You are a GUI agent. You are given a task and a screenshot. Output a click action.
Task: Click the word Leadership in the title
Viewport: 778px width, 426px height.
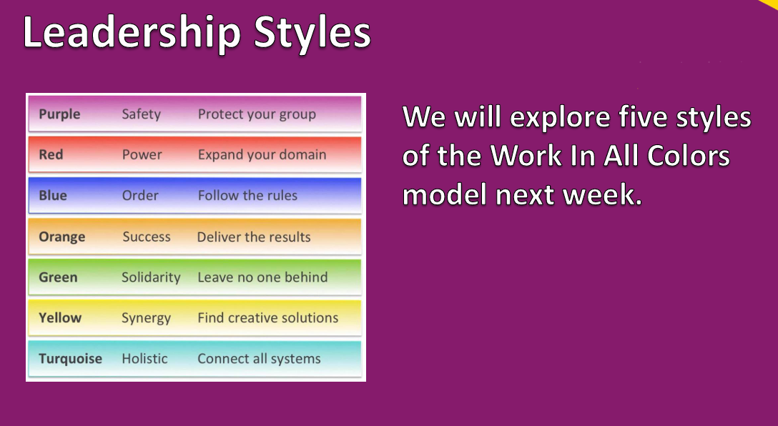pos(132,32)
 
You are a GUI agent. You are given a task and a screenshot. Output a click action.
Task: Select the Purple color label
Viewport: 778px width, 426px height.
pos(59,114)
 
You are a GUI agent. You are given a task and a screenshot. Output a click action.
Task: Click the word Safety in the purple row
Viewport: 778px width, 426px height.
pos(142,114)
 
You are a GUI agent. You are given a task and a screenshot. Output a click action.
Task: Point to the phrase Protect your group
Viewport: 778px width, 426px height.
pos(257,114)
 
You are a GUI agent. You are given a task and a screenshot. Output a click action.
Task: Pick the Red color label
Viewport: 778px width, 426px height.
pos(51,154)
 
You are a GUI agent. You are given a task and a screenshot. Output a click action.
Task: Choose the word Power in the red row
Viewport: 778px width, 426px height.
pos(142,154)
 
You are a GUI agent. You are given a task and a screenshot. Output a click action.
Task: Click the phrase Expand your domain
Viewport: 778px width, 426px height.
pos(262,154)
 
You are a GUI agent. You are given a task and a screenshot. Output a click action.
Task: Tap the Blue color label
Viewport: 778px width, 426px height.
pos(53,195)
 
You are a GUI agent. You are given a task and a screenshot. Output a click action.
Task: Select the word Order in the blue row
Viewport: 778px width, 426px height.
pos(140,195)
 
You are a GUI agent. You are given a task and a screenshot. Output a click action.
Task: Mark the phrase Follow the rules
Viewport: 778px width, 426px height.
pos(247,195)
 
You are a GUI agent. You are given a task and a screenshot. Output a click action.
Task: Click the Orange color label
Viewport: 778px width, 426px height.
pos(62,237)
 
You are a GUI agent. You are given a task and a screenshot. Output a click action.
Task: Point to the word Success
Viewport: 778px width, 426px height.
pos(147,237)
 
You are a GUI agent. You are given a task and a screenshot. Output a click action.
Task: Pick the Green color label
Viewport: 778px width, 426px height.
pos(58,277)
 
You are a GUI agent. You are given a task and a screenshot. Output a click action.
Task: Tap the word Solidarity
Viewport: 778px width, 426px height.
pos(151,277)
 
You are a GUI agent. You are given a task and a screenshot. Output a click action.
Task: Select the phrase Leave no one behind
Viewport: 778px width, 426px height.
pos(262,277)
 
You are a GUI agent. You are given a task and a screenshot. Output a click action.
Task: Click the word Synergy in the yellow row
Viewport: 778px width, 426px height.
pos(147,318)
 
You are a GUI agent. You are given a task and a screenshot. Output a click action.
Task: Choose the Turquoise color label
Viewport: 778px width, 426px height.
pos(71,359)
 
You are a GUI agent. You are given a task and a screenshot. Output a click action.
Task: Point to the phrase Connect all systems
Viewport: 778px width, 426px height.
pos(259,359)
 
